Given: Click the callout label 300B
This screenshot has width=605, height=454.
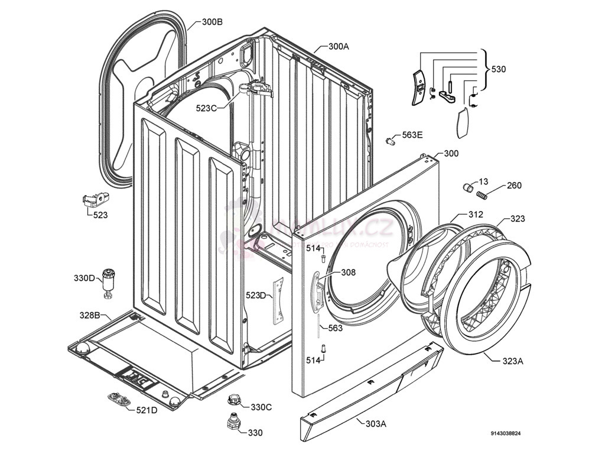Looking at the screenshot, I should pos(212,22).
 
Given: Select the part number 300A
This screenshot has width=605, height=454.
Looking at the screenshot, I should pos(339,47).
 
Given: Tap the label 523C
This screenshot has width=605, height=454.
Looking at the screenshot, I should pos(207,108).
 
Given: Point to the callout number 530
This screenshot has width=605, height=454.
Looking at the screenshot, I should pos(499,69).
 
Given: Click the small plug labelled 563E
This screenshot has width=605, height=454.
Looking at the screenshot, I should pos(390,140).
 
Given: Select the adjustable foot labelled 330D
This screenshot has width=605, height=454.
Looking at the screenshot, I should pos(108,282).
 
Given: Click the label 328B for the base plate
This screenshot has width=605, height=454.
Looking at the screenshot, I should pos(90,314).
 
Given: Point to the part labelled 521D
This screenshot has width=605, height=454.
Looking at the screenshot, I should pos(120,400).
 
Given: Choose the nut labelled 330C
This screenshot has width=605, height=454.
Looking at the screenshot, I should pos(233,400).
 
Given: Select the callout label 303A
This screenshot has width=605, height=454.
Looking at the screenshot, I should pos(375,423).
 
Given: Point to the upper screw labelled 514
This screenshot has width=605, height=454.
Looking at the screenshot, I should pos(323,258).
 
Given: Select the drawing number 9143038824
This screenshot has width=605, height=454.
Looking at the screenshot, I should pos(505,434).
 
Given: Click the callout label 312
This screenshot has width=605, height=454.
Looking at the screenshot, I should pos(476,215).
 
